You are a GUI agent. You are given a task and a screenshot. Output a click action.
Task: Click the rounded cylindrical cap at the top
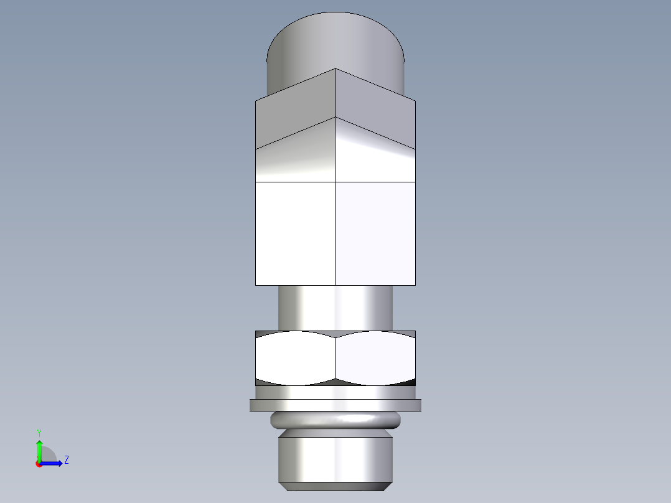point(335,44)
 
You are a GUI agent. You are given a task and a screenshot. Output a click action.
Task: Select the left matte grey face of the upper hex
point(295,112)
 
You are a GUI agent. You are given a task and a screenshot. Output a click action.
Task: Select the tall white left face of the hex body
point(295,233)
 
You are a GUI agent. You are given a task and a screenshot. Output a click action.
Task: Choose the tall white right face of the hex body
point(375,233)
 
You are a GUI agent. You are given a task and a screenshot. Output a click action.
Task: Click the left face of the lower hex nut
point(295,357)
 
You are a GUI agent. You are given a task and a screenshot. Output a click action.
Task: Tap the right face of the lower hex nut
point(375,357)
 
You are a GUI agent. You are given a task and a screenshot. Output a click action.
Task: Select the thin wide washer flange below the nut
point(335,405)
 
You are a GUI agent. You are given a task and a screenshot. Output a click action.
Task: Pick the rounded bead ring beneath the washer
point(335,420)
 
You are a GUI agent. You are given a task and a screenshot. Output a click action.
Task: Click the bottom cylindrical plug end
point(335,458)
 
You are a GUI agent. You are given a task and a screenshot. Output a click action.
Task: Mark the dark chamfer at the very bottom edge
point(335,486)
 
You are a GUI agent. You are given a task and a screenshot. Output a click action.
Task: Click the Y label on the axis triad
point(39,432)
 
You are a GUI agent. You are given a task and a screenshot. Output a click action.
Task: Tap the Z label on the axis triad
point(66,460)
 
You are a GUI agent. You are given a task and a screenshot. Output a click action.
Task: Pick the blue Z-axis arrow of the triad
point(53,463)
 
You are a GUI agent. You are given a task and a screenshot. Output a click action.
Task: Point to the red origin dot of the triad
point(39,464)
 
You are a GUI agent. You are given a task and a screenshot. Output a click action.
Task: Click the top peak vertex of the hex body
point(335,68)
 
